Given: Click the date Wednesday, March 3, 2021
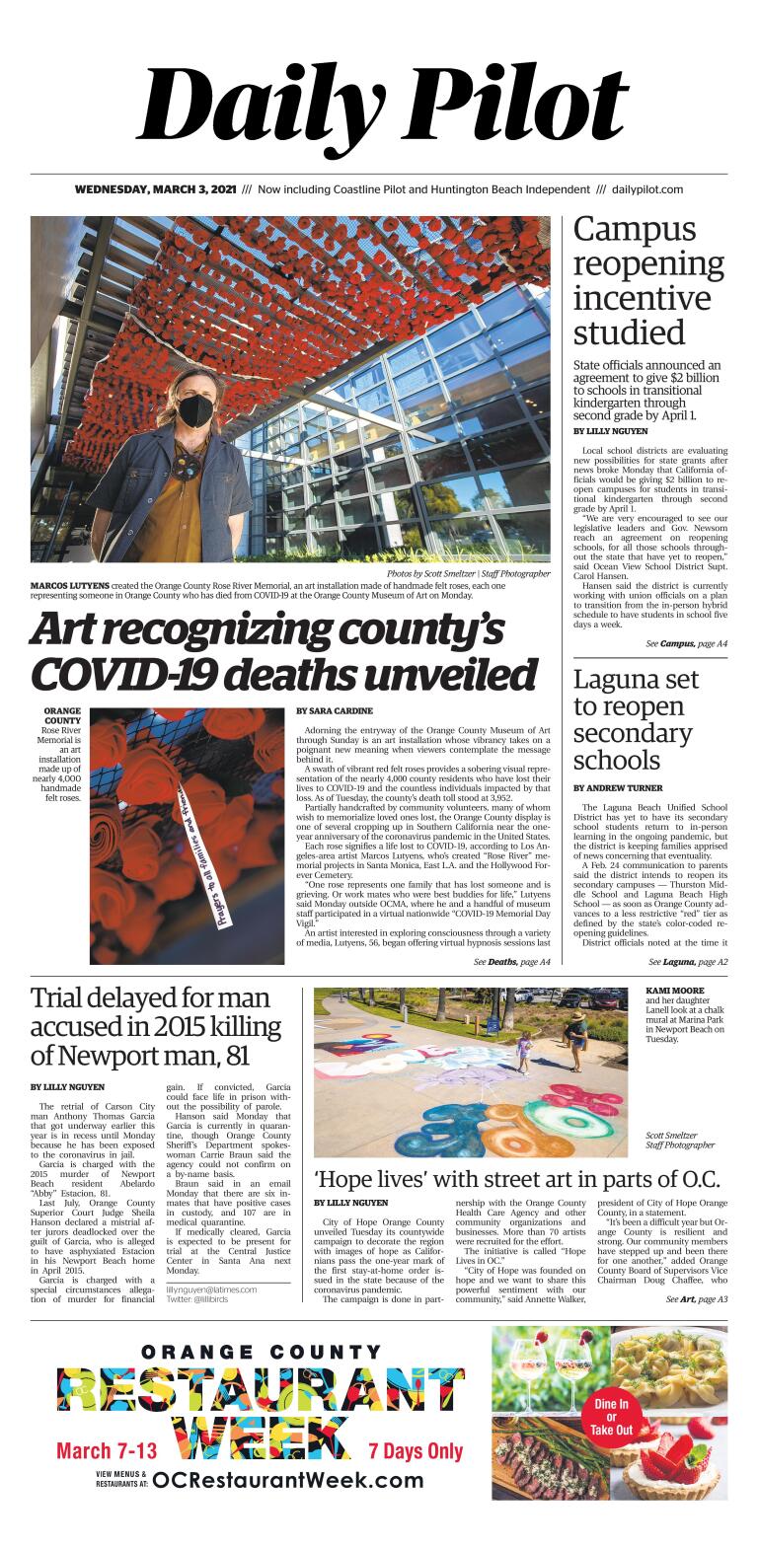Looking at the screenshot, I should pos(155,189).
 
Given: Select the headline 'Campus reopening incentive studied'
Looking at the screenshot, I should pos(647,281).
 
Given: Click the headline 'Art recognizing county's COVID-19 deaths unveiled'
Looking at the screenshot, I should pos(284,651).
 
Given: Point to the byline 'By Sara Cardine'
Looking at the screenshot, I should pos(332,710).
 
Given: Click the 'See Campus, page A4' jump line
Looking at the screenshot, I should pos(686,643).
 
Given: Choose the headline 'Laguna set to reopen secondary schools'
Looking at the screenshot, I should pos(636,720).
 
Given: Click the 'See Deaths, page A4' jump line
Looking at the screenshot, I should pos(510,961).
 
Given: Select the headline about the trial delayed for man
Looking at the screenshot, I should pos(155,1027).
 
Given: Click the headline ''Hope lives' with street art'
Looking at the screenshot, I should pos(516,1179).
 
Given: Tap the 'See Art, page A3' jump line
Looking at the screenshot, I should pos(696,1299).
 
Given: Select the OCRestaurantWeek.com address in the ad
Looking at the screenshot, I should pos(288,1480).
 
